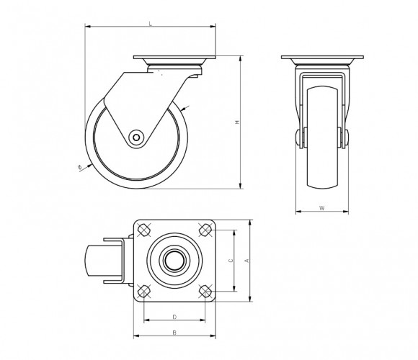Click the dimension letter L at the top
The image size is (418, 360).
click(151, 24)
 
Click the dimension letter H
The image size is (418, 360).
click(237, 122)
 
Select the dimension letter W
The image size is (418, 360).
click(322, 208)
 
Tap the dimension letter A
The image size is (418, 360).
click(247, 261)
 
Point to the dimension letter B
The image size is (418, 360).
click(174, 333)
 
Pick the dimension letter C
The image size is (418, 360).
click(231, 261)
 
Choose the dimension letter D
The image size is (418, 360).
click(174, 317)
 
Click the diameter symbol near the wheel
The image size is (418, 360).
click(79, 167)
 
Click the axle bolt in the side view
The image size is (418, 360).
click(136, 138)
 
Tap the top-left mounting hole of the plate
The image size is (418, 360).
click(144, 230)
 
